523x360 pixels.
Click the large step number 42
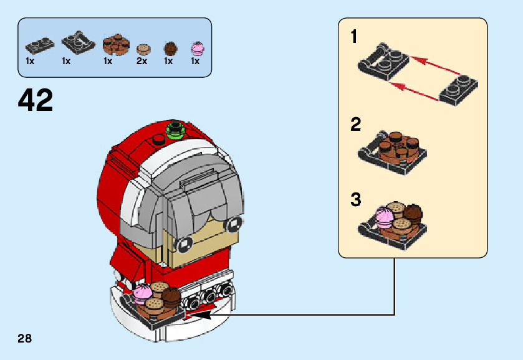point(36,100)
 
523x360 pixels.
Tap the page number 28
point(25,339)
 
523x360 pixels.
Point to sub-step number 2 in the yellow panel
point(355,125)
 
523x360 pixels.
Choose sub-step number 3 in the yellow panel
point(355,200)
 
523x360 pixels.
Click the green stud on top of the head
point(175,130)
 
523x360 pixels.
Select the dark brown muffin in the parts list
point(169,48)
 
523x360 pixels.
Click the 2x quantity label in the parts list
point(142,61)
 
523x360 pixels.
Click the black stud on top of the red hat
point(158,141)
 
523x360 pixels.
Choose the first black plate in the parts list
point(39,44)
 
